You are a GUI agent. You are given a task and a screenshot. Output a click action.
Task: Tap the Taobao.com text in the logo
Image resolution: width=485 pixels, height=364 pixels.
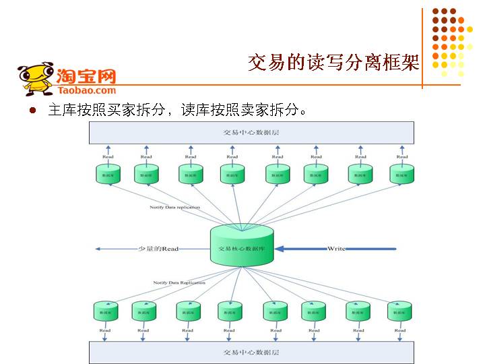87,90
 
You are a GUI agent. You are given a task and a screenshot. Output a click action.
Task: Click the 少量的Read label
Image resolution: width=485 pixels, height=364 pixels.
158,249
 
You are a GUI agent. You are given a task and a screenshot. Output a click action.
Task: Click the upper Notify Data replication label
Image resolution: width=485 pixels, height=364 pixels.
174,207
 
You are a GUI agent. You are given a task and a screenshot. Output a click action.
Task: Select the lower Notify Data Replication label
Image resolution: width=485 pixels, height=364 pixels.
179,282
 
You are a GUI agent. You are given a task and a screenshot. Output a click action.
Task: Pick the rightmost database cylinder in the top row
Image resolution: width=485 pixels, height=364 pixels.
402,174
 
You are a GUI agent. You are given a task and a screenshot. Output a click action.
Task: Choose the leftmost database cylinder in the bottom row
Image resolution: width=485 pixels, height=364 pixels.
105,311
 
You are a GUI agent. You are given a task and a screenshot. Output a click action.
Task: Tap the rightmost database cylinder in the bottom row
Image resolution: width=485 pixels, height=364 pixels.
399,311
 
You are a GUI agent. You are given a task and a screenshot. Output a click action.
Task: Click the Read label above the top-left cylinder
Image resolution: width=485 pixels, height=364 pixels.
108,157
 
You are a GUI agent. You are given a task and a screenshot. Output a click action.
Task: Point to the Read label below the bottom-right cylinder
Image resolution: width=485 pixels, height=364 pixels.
400,330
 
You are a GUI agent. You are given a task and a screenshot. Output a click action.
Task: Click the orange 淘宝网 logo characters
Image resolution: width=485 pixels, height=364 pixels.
86,75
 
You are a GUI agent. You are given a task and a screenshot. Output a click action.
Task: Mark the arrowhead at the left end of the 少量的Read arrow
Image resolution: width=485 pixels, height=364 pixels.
98,249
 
